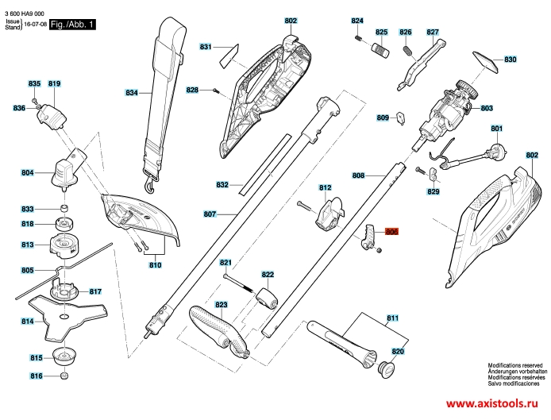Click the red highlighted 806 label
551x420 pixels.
coord(392,232)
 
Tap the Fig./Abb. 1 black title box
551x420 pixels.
coord(72,25)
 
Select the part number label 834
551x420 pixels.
coord(132,93)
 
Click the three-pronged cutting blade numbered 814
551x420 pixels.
coord(67,318)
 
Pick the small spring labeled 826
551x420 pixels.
coord(407,49)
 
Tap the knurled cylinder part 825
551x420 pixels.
coord(380,49)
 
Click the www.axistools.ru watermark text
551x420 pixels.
coord(492,403)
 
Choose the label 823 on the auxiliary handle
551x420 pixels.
coord(222,305)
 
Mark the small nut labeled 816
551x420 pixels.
coord(64,376)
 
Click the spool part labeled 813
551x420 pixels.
coord(63,245)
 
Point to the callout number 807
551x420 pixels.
coord(210,214)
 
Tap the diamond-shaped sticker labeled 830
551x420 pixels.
coord(486,62)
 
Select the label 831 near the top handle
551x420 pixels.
coord(206,46)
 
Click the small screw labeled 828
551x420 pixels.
coord(216,91)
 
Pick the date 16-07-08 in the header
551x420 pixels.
coord(36,25)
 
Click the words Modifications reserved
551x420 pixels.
coord(515,365)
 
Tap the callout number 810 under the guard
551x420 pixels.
coord(155,264)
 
